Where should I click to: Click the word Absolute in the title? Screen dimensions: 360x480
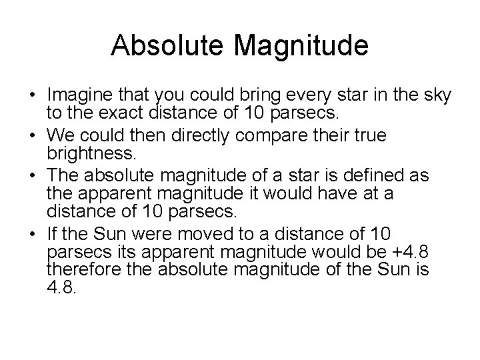pos(159,45)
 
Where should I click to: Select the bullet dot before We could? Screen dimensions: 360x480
pos(32,135)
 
